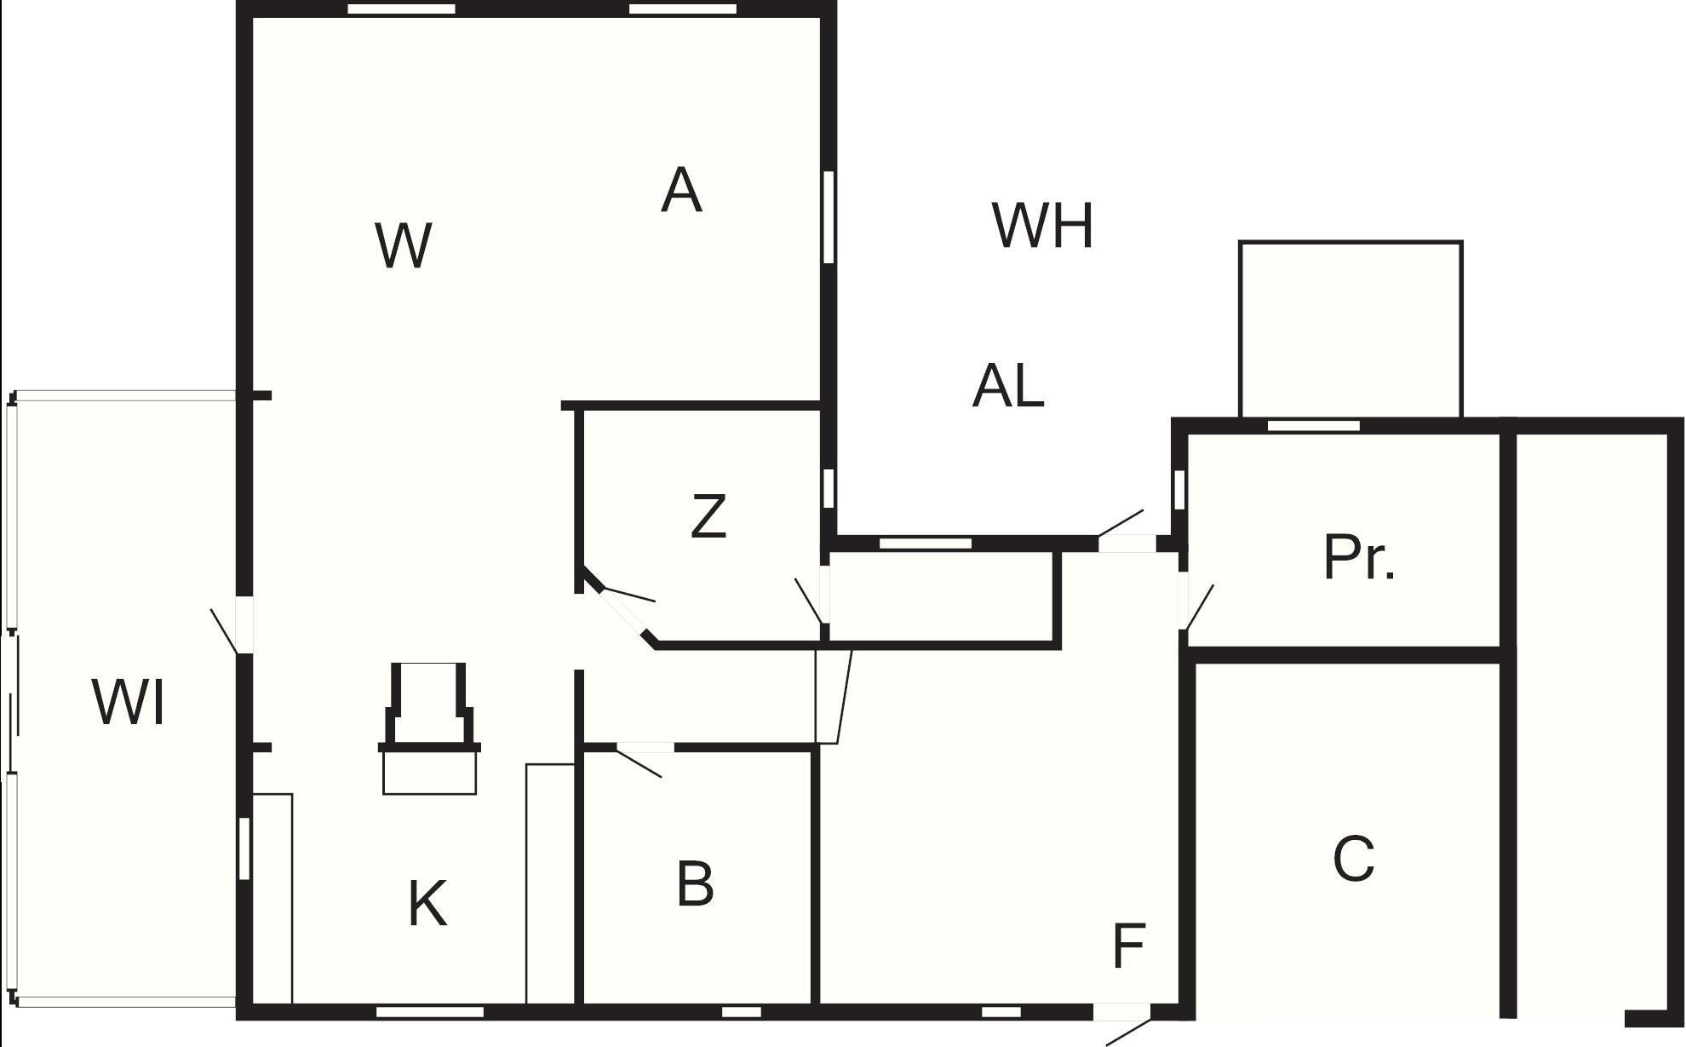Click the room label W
coord(404,246)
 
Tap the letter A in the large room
coord(681,191)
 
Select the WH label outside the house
coord(1043,226)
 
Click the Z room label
coord(708,517)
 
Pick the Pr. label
coord(1359,559)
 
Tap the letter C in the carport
coord(1353,859)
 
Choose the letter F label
coord(1129,946)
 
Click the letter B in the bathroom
coord(695,884)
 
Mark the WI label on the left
coord(128,704)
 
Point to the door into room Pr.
coord(1184,600)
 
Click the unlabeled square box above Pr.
coord(1351,329)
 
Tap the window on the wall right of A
coord(828,216)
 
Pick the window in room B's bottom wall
coord(741,1012)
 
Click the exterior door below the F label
coord(1121,1013)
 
